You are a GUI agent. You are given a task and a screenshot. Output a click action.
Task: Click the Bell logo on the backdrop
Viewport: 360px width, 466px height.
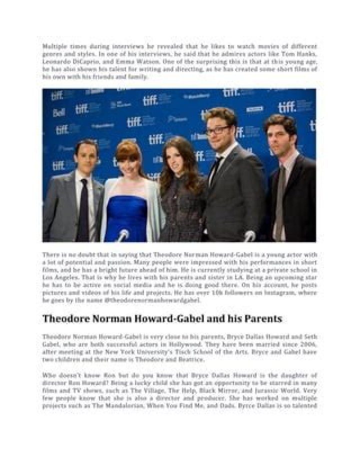(58, 112)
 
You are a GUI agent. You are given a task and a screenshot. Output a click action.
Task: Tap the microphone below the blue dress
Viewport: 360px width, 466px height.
(122, 235)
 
